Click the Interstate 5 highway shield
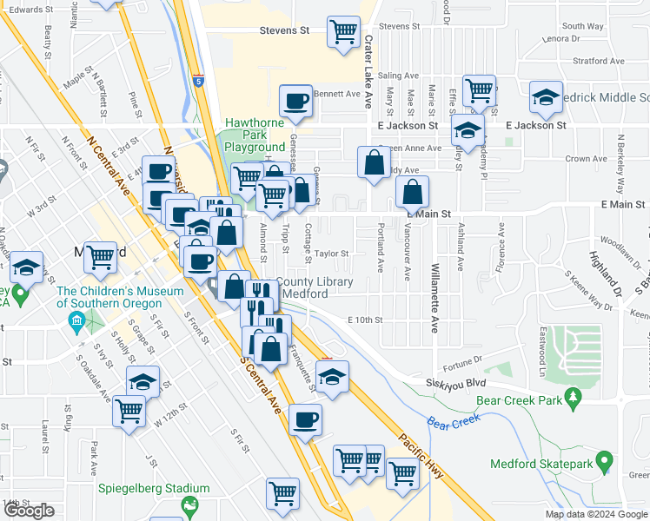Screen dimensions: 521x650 pos(199,82)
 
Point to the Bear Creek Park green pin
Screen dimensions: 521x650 pos(573,399)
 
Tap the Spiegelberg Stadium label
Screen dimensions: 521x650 pos(155,489)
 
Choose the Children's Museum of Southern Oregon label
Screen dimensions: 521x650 pos(109,298)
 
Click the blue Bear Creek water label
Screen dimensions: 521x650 pos(454,421)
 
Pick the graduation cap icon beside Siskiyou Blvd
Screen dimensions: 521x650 pos(331,377)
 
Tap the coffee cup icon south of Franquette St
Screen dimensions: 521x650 pos(305,420)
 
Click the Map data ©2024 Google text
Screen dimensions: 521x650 pos(596,514)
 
